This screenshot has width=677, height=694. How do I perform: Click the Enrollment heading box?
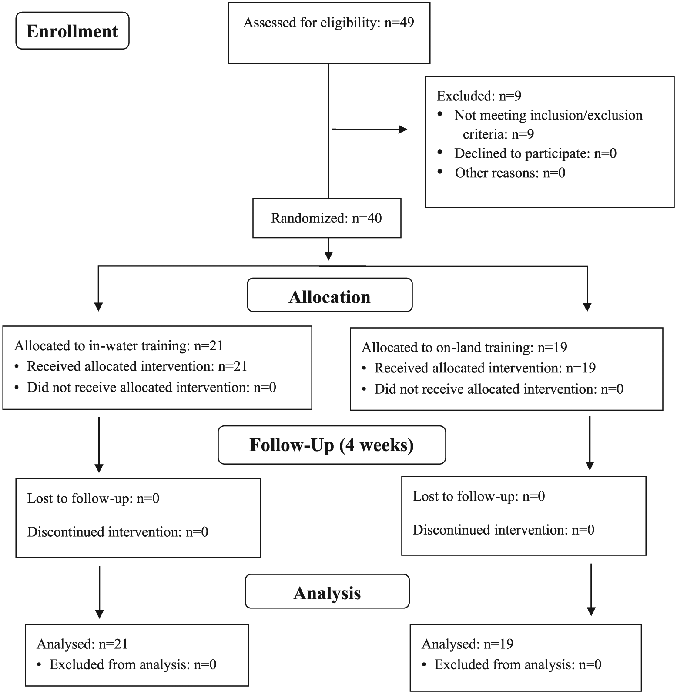72,30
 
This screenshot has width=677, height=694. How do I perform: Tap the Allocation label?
329,297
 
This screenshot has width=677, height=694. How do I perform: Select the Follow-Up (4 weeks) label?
332,445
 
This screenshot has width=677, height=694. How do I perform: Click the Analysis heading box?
327,593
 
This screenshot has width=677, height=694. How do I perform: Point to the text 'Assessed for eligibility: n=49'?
328,23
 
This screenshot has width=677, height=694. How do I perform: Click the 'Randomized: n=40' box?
327,218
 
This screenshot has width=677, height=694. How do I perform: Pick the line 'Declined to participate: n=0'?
535,153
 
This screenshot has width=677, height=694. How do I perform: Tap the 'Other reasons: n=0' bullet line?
510,173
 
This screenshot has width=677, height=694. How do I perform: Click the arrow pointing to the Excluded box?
369,129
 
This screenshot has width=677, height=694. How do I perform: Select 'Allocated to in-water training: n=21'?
119,346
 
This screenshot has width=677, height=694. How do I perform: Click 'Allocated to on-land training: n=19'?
464,348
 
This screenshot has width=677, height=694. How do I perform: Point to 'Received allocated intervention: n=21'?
137,366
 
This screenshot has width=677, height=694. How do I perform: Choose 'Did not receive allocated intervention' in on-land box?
499,389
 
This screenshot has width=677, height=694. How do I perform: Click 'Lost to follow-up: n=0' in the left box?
93,498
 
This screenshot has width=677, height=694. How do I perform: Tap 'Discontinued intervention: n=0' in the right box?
503,530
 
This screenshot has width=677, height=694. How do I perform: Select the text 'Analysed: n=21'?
82,644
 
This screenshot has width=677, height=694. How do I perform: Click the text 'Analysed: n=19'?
467,644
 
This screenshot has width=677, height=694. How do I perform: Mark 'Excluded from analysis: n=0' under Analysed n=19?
518,664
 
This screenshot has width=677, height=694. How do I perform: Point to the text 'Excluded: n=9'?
479,96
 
